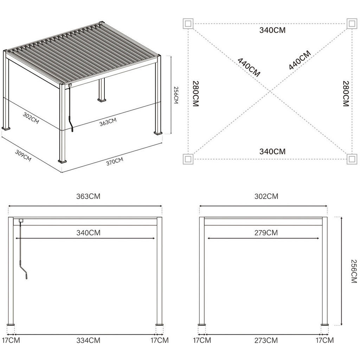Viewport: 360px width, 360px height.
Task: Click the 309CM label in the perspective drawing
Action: coord(23,155)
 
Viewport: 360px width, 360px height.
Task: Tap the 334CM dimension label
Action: coord(88,340)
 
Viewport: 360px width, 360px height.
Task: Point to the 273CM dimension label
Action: coord(266,340)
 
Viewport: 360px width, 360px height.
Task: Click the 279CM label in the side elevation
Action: coord(266,233)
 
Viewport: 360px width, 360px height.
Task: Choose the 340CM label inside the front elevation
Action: coord(88,233)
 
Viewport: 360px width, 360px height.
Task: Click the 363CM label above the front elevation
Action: coord(88,197)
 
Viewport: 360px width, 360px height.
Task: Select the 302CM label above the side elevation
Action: coord(266,197)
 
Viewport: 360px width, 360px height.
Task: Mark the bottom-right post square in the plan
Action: coord(352,159)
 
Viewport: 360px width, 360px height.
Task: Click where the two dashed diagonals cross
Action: coord(270,91)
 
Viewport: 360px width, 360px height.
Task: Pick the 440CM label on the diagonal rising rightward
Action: coord(300,60)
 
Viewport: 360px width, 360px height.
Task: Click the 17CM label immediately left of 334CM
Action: coord(11,340)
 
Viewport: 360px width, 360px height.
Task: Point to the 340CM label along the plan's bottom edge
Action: coord(272,152)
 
